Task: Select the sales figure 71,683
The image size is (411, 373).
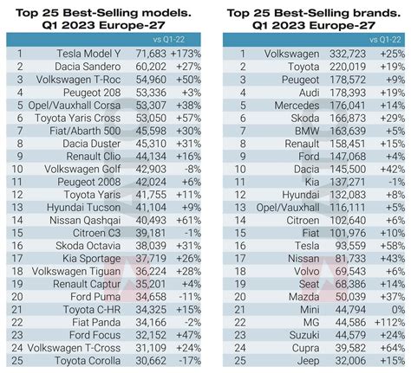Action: click(x=149, y=54)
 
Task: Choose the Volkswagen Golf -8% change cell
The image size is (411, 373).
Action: click(x=188, y=170)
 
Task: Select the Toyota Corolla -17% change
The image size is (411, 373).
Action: click(x=188, y=360)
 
